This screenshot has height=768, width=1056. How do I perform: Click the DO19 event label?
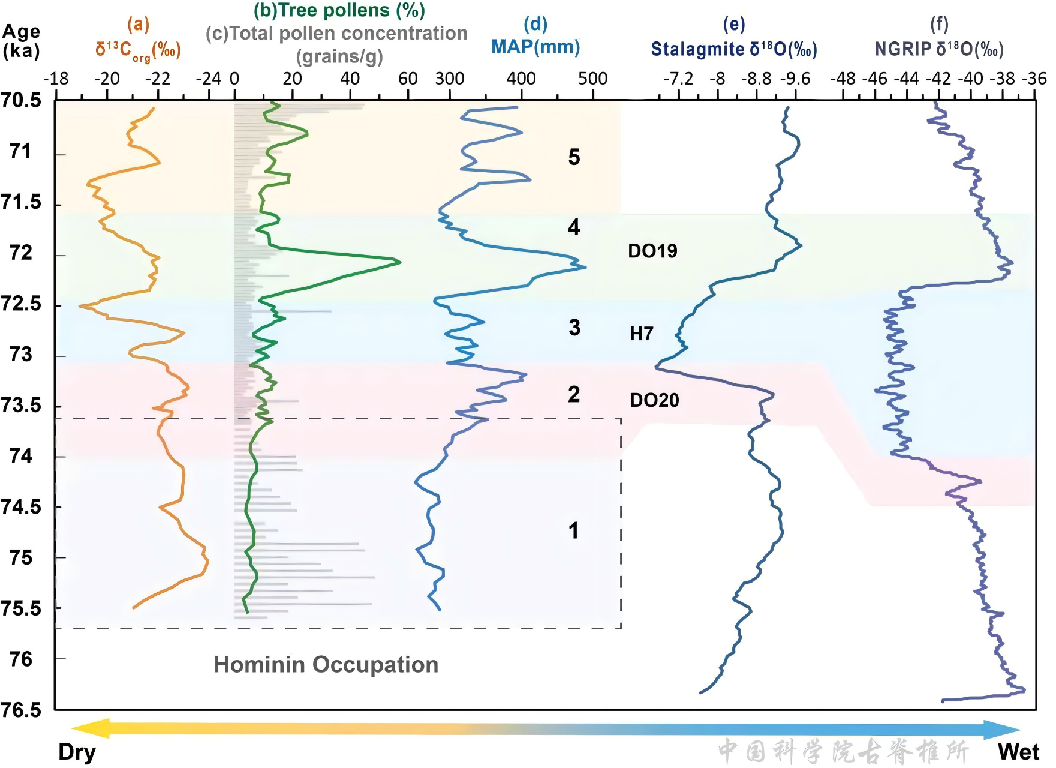[652, 251]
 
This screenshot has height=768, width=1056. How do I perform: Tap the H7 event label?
[641, 334]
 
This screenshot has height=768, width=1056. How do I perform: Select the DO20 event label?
[654, 400]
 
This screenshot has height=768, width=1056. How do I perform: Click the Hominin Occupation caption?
[326, 665]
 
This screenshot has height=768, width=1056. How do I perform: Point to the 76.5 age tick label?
[22, 710]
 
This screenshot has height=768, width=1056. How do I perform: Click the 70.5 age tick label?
[22, 100]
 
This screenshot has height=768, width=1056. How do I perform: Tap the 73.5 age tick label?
[22, 406]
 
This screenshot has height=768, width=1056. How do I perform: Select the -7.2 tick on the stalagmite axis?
[678, 79]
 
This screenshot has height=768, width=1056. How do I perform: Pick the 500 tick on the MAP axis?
[592, 79]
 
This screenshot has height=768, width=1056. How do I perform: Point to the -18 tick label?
[56, 79]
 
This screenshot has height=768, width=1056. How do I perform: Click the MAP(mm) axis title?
[535, 47]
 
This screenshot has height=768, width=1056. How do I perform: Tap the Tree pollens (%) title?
[339, 10]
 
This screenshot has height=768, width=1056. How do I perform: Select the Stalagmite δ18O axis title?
[734, 49]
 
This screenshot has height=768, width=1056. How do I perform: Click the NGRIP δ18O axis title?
[939, 49]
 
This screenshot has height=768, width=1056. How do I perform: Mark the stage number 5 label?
[574, 157]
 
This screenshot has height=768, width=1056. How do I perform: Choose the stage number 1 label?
[574, 530]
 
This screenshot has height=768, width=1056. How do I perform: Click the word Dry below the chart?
[77, 752]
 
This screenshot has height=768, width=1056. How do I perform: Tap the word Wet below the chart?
[1018, 752]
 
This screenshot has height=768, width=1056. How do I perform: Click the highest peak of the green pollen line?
[399, 262]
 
